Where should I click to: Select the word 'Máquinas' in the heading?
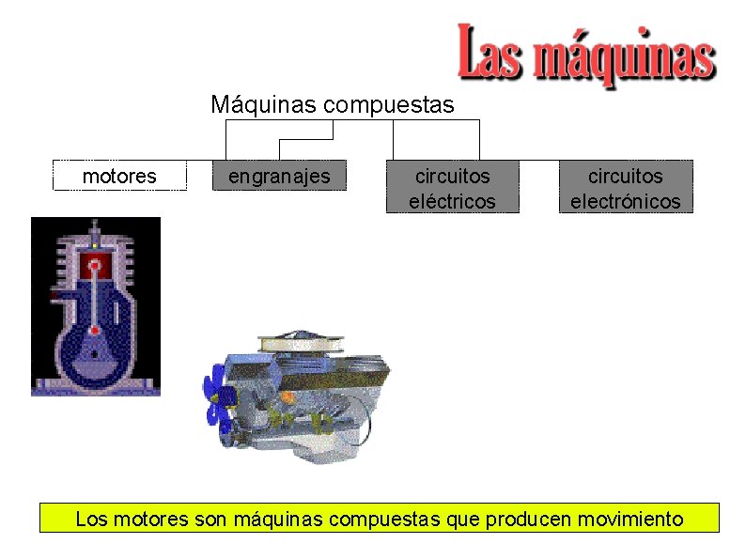(264, 103)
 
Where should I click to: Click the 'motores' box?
(119, 176)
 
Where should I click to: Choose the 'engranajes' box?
(279, 176)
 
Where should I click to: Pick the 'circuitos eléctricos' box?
(452, 187)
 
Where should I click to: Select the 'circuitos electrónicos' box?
(625, 187)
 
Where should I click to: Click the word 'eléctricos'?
(452, 200)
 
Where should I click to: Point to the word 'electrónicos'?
(625, 200)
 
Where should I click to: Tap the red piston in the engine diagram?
(95, 264)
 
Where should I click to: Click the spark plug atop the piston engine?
(95, 231)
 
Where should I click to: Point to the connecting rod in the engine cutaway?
(95, 299)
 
